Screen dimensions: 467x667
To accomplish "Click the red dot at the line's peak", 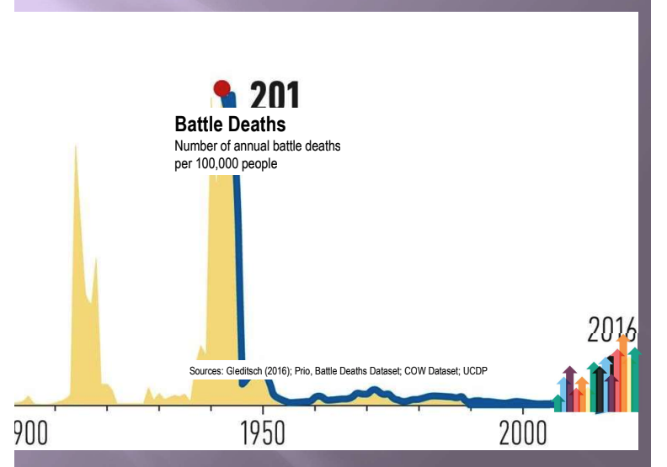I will click(x=221, y=88).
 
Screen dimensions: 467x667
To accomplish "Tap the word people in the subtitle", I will click(x=259, y=163).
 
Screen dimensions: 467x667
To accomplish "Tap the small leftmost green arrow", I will click(x=558, y=395).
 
